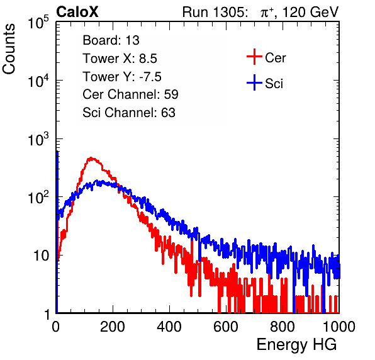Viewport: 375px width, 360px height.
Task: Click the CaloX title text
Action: coord(77,12)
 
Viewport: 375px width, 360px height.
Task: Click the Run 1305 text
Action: coord(215,12)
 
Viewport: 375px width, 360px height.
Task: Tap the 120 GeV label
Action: coord(310,12)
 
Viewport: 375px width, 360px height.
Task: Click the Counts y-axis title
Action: coord(9,49)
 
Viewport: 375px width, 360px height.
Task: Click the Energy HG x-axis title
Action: coord(296,345)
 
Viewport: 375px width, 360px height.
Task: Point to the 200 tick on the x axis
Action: coord(113,327)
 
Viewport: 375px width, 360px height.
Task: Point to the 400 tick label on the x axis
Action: coord(169,327)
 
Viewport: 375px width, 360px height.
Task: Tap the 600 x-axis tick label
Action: coord(226,327)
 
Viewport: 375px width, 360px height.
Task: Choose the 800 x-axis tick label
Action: coord(283,327)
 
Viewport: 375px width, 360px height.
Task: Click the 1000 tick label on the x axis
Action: coord(339,327)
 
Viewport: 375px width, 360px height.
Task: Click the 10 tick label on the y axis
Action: coord(41,256)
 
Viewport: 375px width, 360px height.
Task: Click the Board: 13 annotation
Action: coord(111,40)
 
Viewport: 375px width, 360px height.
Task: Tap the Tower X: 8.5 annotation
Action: coord(120,59)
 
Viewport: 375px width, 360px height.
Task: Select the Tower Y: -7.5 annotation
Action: coord(122,77)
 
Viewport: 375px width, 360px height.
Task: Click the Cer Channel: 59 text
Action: coord(130,94)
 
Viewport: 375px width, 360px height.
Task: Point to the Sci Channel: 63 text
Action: coord(129,113)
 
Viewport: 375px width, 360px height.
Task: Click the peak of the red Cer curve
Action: coord(91,158)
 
